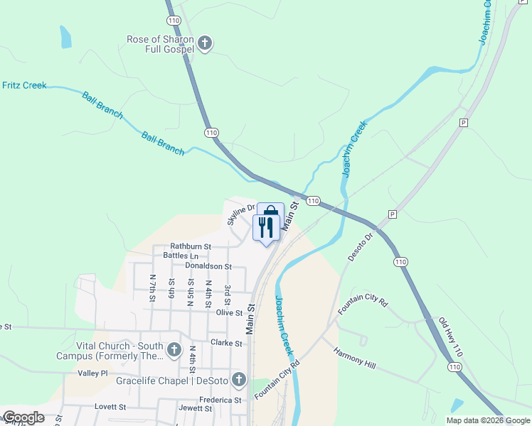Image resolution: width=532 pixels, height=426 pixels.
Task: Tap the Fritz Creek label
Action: click(24, 86)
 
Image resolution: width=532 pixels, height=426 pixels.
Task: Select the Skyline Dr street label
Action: click(240, 214)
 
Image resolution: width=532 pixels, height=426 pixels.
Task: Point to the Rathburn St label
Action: click(186, 247)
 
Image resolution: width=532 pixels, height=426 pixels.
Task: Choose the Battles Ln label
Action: click(181, 256)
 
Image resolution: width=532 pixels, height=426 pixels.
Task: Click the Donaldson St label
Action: click(208, 266)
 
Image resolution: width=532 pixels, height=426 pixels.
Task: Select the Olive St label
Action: click(229, 312)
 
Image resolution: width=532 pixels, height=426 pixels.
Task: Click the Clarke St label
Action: click(227, 343)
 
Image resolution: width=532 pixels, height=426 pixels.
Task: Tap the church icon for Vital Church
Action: click(174, 349)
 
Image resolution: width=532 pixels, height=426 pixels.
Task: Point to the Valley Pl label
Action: click(92, 373)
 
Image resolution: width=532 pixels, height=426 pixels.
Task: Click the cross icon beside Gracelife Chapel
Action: click(238, 380)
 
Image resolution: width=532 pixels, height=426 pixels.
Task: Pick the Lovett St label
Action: click(110, 407)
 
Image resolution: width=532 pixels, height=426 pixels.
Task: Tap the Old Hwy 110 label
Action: click(450, 336)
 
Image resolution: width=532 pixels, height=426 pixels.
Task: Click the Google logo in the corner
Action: click(23, 417)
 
